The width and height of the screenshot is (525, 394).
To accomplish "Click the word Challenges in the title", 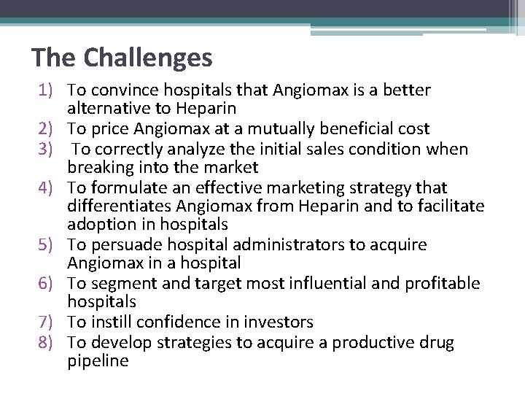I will click(x=149, y=57).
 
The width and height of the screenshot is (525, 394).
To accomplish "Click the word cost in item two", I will click(x=413, y=129).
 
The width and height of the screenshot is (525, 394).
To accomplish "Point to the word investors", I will click(x=279, y=322).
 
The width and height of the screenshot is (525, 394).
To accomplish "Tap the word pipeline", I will click(x=98, y=360).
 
